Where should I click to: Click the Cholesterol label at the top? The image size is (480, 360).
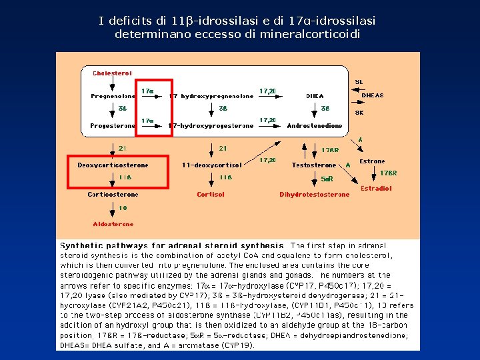click(x=112, y=73)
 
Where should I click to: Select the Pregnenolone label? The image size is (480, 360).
click(x=113, y=96)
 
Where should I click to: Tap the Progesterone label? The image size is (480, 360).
click(x=113, y=125)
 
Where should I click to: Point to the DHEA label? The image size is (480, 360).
click(x=315, y=96)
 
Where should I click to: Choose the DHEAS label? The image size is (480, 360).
click(x=372, y=95)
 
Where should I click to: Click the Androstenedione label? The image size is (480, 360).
click(x=315, y=125)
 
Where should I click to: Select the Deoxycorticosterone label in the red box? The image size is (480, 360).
click(x=113, y=165)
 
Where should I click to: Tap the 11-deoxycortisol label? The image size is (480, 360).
click(x=212, y=165)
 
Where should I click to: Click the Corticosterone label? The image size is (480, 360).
click(x=113, y=195)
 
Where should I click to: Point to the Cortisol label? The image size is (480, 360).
click(x=211, y=195)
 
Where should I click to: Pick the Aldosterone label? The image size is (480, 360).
click(x=113, y=224)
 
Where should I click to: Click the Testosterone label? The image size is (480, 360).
click(x=314, y=165)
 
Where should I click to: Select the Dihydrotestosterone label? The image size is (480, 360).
click(x=314, y=195)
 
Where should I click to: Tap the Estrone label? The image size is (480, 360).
click(x=372, y=161)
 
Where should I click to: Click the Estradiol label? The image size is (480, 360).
click(x=376, y=189)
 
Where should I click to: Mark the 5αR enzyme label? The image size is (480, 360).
click(x=327, y=179)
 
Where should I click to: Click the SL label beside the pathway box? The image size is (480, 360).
click(x=359, y=81)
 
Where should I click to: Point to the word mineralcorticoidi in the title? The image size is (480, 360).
click(x=311, y=33)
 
